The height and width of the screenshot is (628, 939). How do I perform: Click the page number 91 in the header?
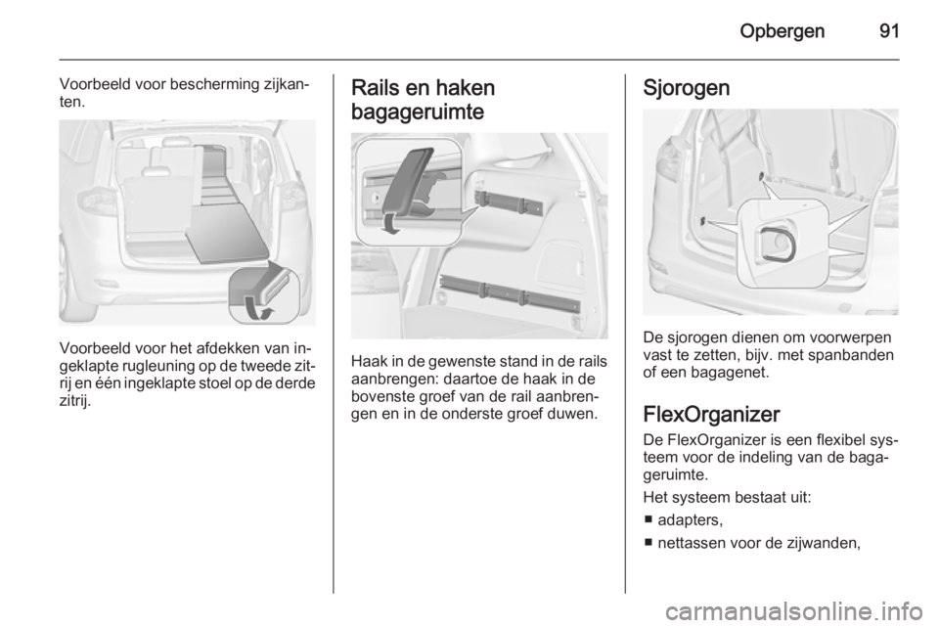click(887, 30)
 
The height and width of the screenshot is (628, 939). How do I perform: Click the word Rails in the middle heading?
click(373, 87)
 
